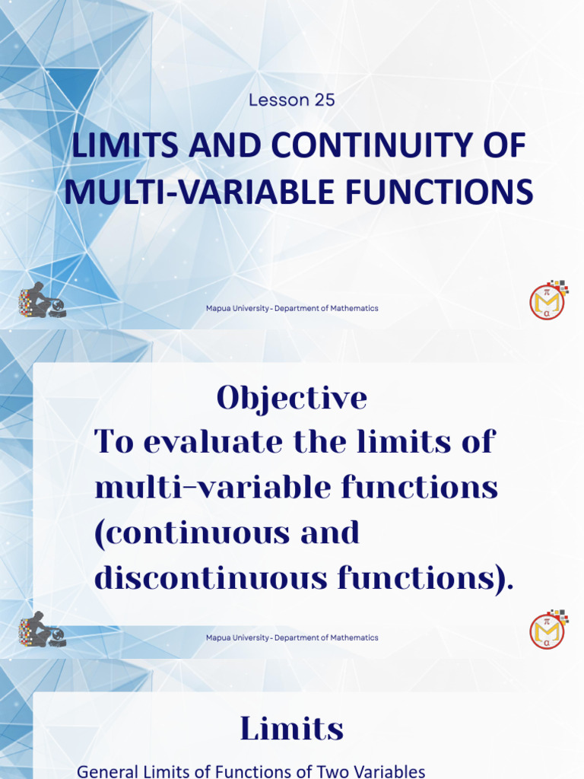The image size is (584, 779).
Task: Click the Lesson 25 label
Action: [x=292, y=100]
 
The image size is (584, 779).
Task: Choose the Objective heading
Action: [x=292, y=397]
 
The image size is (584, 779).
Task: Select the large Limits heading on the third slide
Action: [x=292, y=730]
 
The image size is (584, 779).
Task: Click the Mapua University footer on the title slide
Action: [x=292, y=308]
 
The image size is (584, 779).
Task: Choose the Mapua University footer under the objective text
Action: [x=292, y=638]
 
